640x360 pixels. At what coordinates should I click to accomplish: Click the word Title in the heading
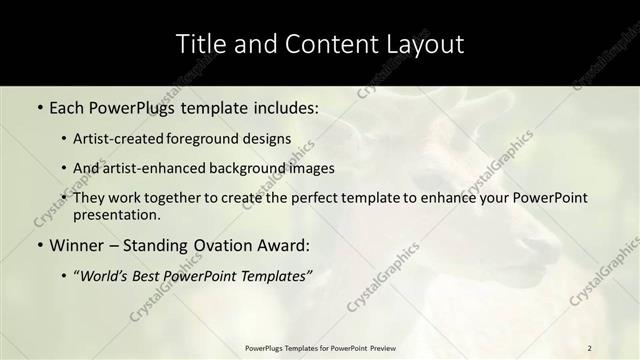200,44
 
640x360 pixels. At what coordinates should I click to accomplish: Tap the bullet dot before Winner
39,245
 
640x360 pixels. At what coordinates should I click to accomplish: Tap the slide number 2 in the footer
590,347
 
